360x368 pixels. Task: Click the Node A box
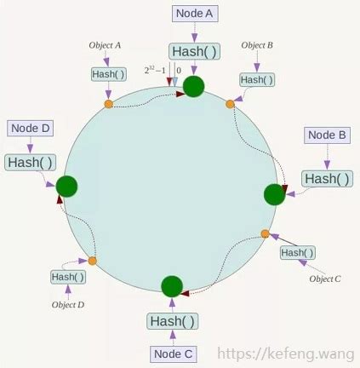point(195,14)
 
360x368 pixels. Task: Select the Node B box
point(327,135)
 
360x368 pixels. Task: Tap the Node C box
point(173,354)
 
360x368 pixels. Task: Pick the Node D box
point(30,129)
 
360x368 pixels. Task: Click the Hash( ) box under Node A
point(194,51)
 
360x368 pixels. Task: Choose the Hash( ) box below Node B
point(327,179)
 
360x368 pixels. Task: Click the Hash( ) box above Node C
point(173,321)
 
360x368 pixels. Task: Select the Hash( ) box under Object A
point(108,74)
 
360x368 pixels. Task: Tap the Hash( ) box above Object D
point(68,277)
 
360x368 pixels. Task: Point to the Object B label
point(257,45)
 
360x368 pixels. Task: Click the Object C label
point(325,279)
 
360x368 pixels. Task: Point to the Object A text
point(105,45)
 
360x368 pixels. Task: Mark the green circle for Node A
point(194,86)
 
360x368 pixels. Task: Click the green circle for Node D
point(66,187)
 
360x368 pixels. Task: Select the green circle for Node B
point(274,194)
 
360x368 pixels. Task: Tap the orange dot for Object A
point(109,104)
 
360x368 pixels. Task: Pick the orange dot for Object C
point(265,233)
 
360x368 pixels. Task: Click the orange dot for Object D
point(93,261)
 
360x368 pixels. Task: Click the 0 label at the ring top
point(179,70)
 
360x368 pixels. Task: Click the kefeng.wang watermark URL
point(286,354)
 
